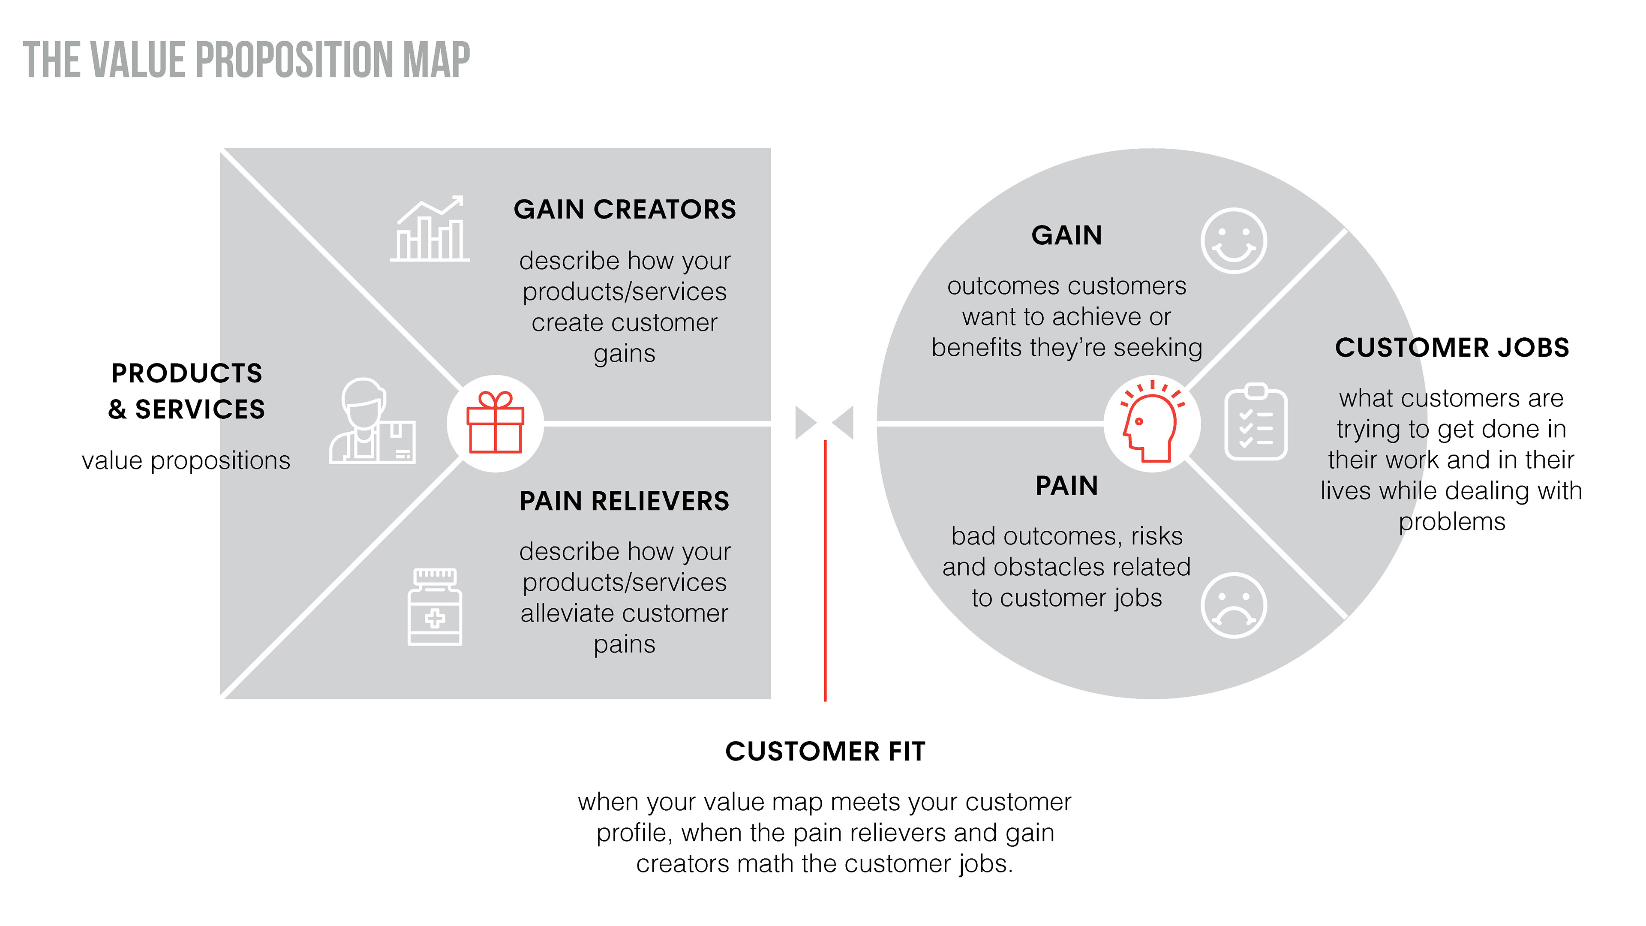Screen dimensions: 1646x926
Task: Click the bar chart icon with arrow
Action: tap(430, 229)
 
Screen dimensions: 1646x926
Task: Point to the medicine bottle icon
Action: tap(435, 607)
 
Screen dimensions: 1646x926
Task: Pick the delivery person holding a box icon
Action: tap(372, 422)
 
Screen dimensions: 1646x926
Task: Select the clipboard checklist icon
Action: tap(1256, 422)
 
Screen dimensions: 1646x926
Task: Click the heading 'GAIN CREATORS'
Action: tap(624, 210)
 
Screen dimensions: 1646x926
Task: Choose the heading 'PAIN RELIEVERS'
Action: tap(624, 501)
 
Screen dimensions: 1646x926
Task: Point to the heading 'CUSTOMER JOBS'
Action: tap(1452, 348)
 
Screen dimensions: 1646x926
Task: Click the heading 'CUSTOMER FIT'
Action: tap(825, 752)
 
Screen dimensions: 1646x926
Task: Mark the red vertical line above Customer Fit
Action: tap(825, 571)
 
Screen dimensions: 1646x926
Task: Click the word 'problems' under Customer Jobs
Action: tap(1452, 523)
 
